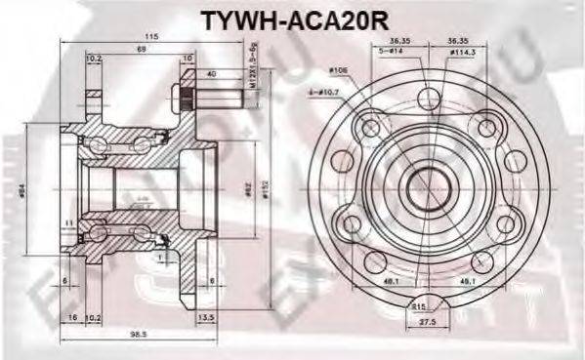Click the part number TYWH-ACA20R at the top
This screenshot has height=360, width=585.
[293, 19]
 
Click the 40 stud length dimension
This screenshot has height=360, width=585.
[213, 73]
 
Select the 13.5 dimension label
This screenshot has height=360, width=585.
[206, 318]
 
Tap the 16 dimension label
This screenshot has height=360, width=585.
[72, 318]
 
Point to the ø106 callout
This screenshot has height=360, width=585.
[339, 70]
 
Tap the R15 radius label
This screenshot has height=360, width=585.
[419, 305]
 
